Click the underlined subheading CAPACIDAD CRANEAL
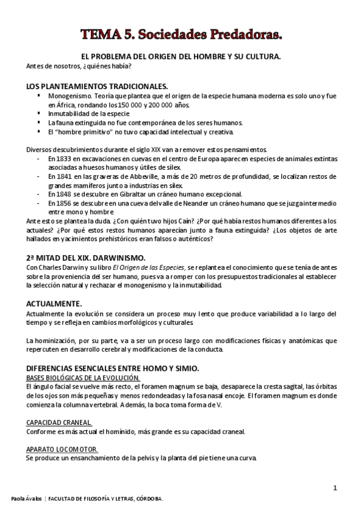(59, 422)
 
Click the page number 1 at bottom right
(335, 488)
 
